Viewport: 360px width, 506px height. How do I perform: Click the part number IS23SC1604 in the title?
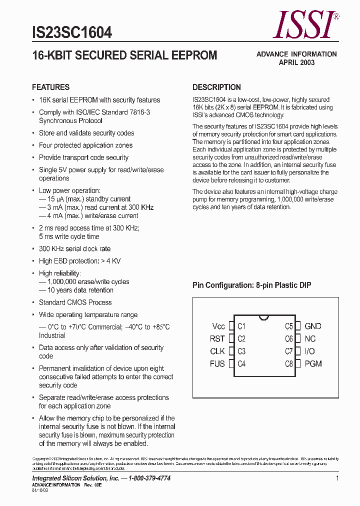(72, 33)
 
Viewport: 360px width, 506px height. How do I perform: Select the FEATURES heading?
(50, 87)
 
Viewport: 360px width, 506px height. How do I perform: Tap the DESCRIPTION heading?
(216, 87)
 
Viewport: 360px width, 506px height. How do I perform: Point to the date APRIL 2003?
(296, 62)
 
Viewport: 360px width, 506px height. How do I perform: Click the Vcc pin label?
(218, 326)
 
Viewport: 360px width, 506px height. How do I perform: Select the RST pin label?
(217, 339)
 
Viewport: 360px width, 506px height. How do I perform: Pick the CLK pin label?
(217, 351)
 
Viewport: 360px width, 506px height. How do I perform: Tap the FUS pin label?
(217, 364)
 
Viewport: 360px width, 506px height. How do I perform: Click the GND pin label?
(313, 326)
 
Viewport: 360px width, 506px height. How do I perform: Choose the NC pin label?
(310, 339)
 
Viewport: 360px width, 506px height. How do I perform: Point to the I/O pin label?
(309, 351)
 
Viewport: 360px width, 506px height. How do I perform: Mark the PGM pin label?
(313, 364)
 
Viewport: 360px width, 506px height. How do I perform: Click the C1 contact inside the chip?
(241, 326)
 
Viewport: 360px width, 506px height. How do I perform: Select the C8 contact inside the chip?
(289, 364)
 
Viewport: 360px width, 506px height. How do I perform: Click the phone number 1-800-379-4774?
(149, 478)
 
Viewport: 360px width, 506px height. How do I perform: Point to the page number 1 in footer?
(337, 478)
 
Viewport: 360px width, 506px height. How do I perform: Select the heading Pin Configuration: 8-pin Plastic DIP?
(252, 285)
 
